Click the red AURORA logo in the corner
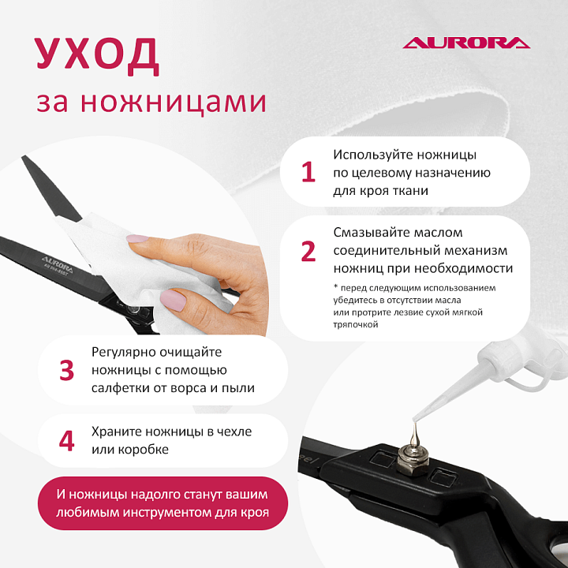[466, 43]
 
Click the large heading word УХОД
[97, 54]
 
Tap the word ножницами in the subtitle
[173, 102]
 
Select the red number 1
[308, 172]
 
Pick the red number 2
[308, 251]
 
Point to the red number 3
[66, 370]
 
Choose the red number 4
[66, 441]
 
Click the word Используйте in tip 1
[373, 155]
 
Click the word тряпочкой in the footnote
[355, 324]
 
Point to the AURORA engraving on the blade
[57, 264]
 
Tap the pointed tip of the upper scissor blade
[23, 156]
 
